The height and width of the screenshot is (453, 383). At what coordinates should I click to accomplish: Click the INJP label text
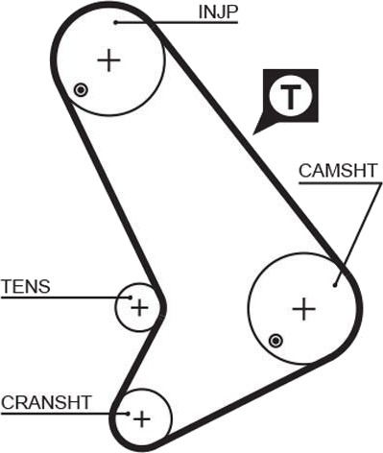click(x=218, y=12)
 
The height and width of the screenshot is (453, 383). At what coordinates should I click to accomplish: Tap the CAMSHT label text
click(x=338, y=171)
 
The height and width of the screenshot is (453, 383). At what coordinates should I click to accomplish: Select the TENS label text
click(x=26, y=286)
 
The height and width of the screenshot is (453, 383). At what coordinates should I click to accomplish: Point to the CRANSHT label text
click(x=47, y=402)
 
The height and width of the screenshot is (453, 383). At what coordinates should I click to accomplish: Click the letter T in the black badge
click(x=291, y=97)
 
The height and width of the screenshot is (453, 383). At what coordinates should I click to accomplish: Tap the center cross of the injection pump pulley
click(x=108, y=60)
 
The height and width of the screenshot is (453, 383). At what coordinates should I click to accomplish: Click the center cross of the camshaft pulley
click(x=304, y=309)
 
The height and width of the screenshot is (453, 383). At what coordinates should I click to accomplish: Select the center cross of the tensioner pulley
click(x=140, y=308)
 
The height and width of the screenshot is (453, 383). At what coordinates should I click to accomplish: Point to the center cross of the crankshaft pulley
click(x=142, y=419)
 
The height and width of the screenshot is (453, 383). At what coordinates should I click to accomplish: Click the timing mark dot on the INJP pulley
click(x=81, y=90)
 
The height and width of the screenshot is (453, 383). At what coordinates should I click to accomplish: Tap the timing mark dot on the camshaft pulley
click(x=275, y=341)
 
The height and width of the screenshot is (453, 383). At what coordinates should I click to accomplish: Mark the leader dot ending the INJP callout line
click(x=116, y=22)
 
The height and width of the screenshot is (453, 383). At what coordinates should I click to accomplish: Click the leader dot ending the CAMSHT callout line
click(x=335, y=285)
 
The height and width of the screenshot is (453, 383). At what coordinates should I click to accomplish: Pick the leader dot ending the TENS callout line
click(x=131, y=298)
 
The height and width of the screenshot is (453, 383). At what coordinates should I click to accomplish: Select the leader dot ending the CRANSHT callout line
click(x=128, y=414)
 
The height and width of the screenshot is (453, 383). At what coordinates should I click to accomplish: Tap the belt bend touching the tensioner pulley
click(x=163, y=306)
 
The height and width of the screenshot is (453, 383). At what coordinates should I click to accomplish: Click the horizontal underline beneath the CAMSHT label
click(x=340, y=183)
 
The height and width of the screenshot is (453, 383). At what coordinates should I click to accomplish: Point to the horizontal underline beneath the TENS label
click(x=65, y=298)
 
